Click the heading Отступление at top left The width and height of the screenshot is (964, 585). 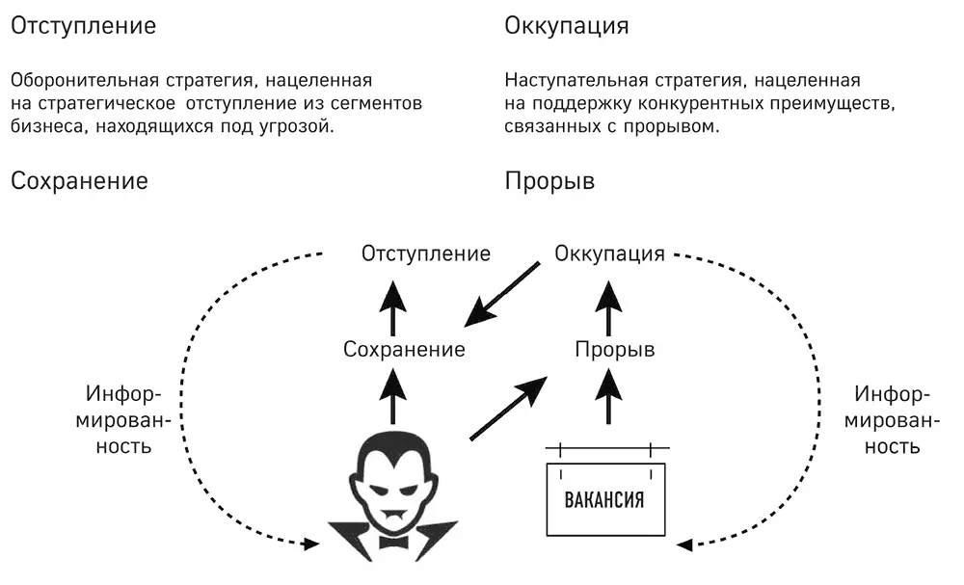pos(82,26)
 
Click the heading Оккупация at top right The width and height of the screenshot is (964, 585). pos(567,26)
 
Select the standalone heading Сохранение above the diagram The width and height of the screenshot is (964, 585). pos(79,180)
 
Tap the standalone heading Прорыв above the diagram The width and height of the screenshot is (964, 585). pos(549,180)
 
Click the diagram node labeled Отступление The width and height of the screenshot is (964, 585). pos(425,254)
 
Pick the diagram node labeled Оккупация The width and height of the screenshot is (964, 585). pos(610,254)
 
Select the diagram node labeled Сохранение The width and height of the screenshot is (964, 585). pos(404,349)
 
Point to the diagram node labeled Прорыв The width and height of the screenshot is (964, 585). pos(614,349)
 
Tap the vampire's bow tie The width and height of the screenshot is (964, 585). pos(393,542)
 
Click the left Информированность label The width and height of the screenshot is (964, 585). pos(124,421)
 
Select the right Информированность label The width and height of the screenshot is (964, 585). pos(893,421)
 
